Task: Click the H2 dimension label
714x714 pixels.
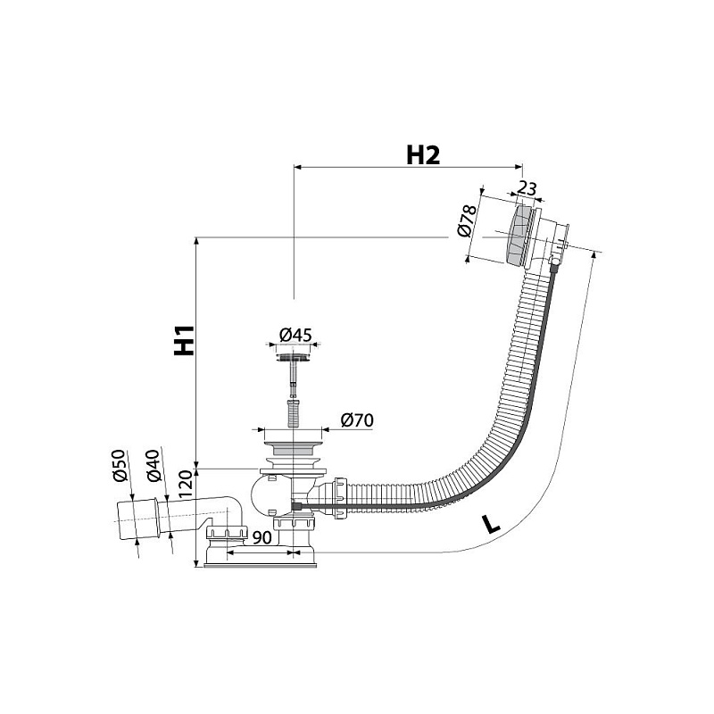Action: click(x=423, y=154)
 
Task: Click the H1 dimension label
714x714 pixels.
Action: click(x=185, y=340)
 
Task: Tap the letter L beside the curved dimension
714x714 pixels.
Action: click(x=491, y=525)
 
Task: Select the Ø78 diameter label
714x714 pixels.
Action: click(x=466, y=220)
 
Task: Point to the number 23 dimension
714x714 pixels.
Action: click(x=527, y=188)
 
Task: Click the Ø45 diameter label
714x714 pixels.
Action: click(x=295, y=336)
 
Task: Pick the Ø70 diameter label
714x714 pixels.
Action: click(x=357, y=419)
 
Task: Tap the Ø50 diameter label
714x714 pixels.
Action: click(x=119, y=466)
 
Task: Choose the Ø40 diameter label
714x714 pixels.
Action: click(x=154, y=466)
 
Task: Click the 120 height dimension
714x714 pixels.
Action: click(x=186, y=486)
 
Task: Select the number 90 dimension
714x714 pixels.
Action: click(x=262, y=537)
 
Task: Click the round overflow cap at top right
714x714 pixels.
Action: click(x=519, y=236)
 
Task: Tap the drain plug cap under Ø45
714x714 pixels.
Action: click(x=294, y=353)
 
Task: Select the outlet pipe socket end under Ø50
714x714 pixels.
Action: click(x=137, y=519)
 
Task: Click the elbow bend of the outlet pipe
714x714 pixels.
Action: click(x=232, y=508)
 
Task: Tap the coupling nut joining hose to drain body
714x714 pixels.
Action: click(x=340, y=497)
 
